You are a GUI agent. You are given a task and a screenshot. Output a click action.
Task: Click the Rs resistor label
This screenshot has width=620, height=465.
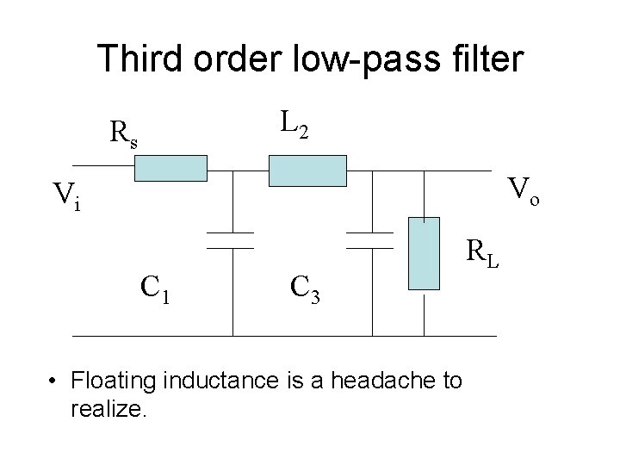click(123, 133)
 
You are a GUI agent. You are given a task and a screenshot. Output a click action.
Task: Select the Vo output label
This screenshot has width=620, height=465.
click(525, 189)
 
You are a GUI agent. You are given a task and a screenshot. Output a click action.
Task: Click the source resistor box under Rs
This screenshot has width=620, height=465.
click(170, 170)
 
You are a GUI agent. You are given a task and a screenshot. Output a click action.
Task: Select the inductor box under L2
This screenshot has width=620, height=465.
click(307, 170)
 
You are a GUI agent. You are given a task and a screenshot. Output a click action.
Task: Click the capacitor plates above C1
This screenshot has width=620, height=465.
click(230, 239)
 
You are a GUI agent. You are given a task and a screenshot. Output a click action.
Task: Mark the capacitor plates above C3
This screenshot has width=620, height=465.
click(369, 239)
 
